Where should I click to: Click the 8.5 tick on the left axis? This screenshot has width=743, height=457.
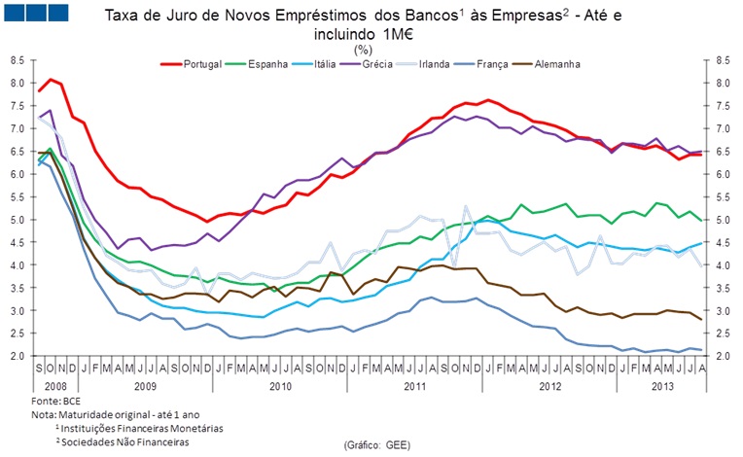tap(18, 59)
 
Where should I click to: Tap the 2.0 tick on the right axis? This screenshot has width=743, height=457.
tap(723, 356)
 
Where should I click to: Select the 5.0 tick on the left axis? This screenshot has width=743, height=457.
tap(18, 220)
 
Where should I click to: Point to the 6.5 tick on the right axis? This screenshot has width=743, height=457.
tap(723, 151)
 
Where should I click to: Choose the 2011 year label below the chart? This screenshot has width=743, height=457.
tap(415, 385)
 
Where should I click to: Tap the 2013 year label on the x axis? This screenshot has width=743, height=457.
tap(661, 385)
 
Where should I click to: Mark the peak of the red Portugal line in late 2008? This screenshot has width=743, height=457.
tap(51, 80)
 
